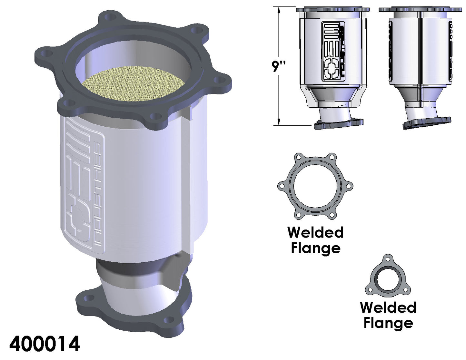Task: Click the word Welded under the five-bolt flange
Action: (316, 232)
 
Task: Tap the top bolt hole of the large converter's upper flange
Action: (110, 16)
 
